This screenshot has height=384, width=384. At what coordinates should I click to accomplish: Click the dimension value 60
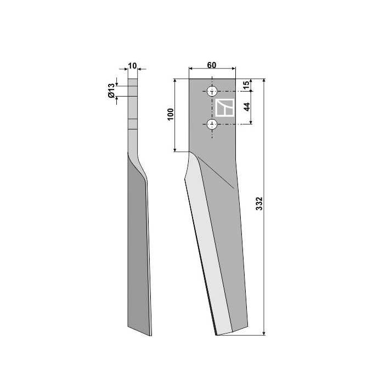tap(212, 65)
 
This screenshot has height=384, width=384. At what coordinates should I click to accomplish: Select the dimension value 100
tap(171, 115)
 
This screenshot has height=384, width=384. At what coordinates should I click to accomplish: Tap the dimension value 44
tap(247, 107)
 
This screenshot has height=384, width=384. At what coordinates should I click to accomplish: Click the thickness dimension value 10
tap(132, 65)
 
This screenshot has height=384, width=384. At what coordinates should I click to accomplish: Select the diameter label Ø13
tap(111, 91)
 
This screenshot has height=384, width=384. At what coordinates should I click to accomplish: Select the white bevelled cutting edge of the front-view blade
tap(208, 247)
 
